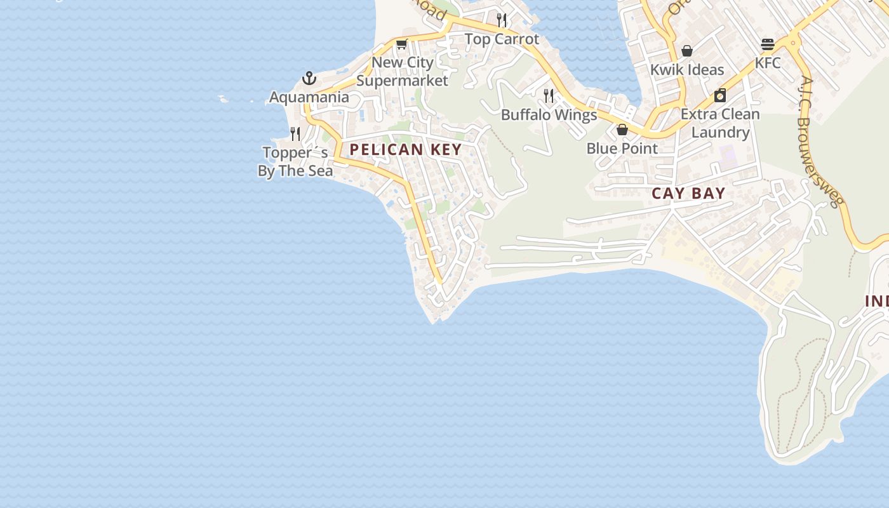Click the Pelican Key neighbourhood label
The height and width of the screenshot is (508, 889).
405,150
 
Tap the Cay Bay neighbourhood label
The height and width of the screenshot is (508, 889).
688,194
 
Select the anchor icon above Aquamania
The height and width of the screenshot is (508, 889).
309,79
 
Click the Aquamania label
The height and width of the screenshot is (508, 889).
309,97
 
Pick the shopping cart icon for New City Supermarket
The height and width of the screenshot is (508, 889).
401,44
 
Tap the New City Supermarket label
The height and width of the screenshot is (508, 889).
403,71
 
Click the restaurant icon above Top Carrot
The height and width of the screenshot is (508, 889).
502,20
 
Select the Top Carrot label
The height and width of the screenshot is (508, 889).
502,39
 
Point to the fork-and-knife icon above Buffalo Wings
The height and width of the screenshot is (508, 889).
549,96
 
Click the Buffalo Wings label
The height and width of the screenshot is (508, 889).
549,115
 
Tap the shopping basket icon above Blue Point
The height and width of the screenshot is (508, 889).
622,130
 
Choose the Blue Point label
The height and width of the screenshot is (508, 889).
622,149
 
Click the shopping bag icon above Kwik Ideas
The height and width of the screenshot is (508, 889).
687,51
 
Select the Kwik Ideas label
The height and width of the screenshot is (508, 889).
687,70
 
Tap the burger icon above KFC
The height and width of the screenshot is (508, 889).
768,44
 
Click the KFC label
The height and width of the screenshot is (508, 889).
768,63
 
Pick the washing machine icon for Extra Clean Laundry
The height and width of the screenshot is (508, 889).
720,96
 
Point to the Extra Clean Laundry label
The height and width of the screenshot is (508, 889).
720,123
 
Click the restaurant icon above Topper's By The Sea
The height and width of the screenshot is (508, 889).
295,134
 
